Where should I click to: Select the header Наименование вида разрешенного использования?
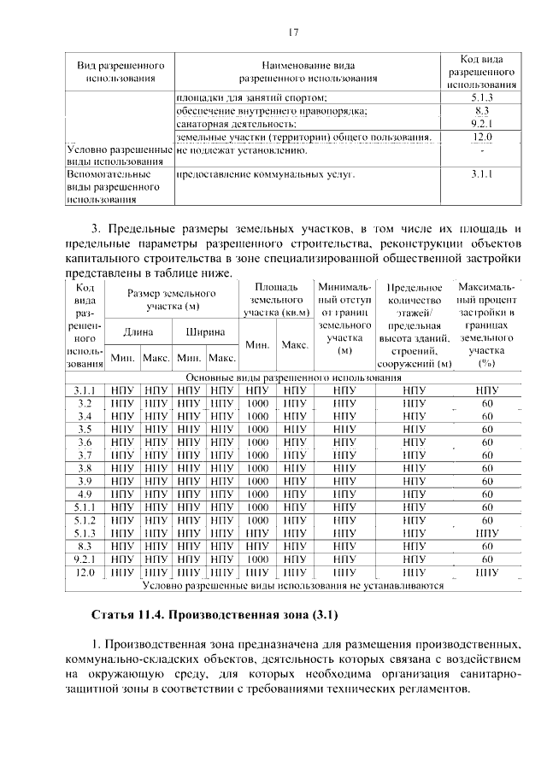coord(309,71)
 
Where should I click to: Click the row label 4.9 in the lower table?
coord(85,494)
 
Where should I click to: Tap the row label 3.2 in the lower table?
coord(85,402)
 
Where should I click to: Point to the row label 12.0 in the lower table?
coord(85,572)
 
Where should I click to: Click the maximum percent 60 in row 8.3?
coord(487,546)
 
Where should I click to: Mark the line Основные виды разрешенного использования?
coord(293,377)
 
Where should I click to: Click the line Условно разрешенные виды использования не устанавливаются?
coord(293,586)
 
